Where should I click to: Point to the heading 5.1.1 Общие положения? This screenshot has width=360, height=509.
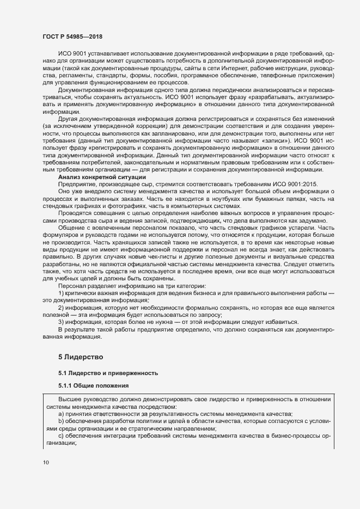[93, 386]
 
